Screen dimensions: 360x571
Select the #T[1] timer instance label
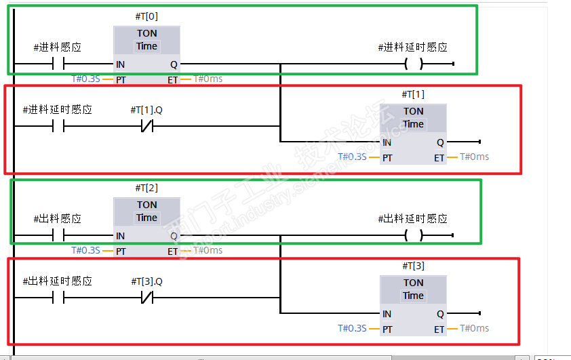click(413, 94)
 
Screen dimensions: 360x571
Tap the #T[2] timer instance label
click(146, 188)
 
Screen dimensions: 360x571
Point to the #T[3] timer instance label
click(413, 266)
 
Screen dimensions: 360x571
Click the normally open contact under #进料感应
click(58, 64)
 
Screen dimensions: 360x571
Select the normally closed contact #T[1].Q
click(146, 126)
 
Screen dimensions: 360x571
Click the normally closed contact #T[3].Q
click(146, 298)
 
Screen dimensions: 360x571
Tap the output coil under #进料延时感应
click(413, 64)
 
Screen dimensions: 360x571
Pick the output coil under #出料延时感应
click(413, 236)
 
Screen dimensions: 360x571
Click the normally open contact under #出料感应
click(58, 236)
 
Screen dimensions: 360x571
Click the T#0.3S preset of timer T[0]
click(86, 79)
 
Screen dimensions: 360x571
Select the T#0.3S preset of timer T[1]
click(353, 157)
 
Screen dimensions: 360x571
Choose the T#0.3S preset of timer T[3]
click(353, 329)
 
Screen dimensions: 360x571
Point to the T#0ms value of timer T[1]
click(474, 157)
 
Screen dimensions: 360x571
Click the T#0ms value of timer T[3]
click(474, 329)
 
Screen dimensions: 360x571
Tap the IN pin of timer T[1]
click(387, 142)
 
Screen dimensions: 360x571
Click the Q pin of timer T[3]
click(440, 314)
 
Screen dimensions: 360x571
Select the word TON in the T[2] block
click(146, 205)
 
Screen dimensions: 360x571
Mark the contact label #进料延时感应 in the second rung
click(58, 109)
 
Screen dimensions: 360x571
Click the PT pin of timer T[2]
click(121, 251)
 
